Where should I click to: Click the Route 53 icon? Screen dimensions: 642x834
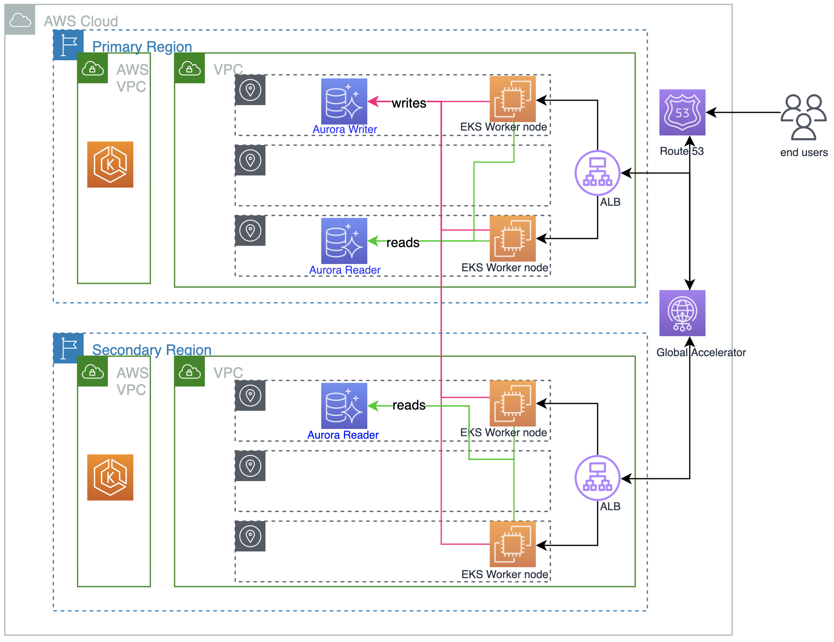coord(682,112)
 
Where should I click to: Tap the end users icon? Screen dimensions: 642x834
coord(803,117)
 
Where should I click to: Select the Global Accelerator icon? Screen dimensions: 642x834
coord(682,313)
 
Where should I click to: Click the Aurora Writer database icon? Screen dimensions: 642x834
coord(344,101)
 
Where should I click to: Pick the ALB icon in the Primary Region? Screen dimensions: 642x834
coord(597,173)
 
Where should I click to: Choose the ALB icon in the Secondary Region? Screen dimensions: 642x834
coord(597,478)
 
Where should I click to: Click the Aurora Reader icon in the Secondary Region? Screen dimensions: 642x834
coord(344,405)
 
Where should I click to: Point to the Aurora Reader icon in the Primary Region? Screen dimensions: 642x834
coord(344,241)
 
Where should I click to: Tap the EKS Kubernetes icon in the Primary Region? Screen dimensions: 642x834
coord(110,165)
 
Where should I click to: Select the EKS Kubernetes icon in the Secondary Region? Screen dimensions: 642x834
coord(110,477)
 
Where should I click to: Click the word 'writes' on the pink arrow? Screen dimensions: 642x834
coord(409,103)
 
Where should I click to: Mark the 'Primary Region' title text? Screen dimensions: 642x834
coord(142,47)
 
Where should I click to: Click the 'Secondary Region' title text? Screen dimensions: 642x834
coord(152,350)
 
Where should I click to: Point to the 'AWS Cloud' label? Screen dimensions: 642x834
coord(81,21)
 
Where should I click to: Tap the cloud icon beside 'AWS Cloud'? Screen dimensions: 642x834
coord(20,20)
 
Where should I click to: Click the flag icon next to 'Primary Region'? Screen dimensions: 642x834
coord(68,45)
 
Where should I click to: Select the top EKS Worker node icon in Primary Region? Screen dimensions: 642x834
coord(512,99)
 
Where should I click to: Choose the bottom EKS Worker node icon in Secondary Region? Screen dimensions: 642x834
coord(512,544)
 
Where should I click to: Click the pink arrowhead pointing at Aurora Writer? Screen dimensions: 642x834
coord(373,101)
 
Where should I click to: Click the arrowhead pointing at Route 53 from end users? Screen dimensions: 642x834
coord(711,112)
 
